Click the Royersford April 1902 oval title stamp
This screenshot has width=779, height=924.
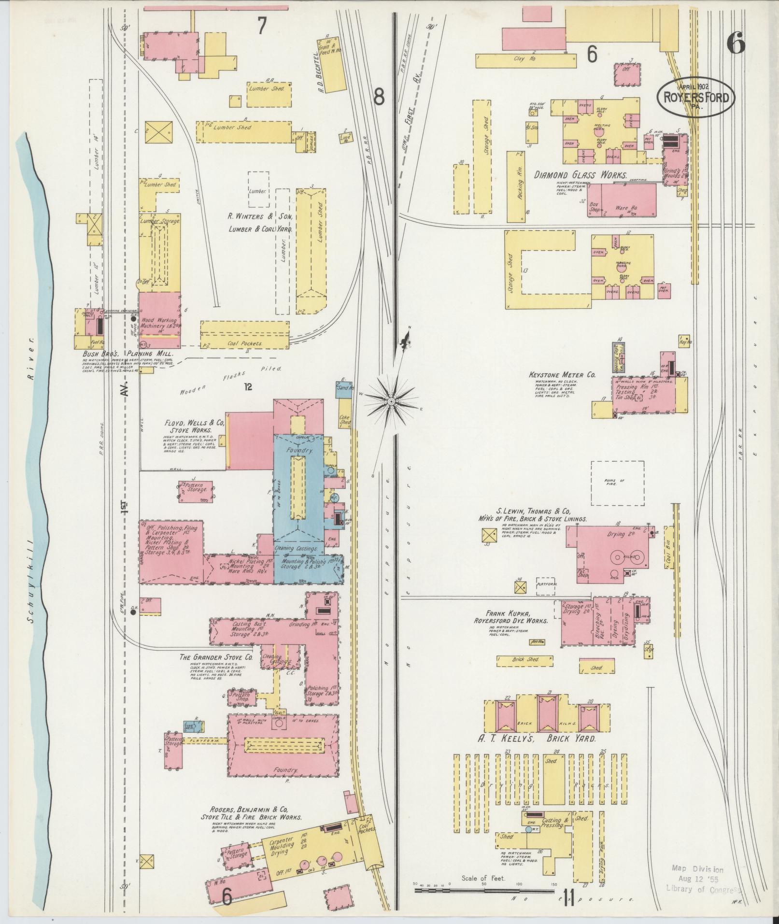(695, 97)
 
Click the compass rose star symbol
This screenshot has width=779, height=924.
(391, 400)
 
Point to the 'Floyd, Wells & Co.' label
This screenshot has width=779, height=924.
(194, 423)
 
